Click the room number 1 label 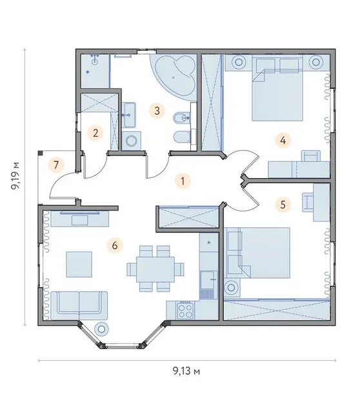(x=183, y=181)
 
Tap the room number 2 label (x=95, y=133)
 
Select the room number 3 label (x=157, y=110)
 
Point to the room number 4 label (x=283, y=140)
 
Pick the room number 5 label (x=283, y=205)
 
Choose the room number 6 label (x=115, y=245)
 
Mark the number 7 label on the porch (x=56, y=165)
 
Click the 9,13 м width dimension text (x=186, y=371)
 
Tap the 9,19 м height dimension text (x=15, y=176)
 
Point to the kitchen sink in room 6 (x=209, y=280)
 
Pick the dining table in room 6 (x=155, y=270)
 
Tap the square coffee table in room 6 (x=79, y=264)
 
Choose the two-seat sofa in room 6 (x=79, y=305)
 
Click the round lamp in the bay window (x=101, y=328)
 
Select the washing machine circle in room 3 (x=131, y=141)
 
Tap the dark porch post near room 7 (x=41, y=152)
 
